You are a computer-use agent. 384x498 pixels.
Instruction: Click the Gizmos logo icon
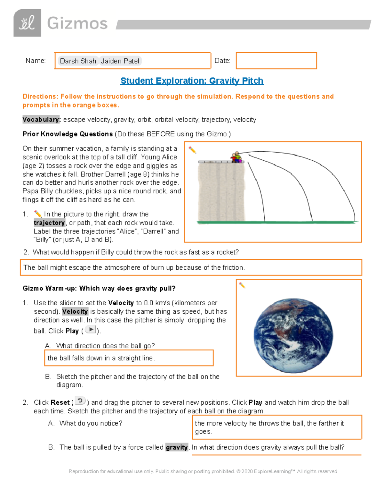coord(27,23)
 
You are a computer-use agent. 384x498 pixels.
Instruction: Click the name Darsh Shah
coord(78,61)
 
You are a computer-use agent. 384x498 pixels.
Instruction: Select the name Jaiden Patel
coord(120,61)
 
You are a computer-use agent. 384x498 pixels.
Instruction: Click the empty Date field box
coord(276,61)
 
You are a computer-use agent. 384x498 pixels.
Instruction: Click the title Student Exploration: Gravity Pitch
coord(192,80)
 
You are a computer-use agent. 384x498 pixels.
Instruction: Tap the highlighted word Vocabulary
coord(41,120)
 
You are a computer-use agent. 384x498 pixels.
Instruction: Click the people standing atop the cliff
coord(236,157)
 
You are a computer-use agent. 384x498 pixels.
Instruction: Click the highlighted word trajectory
coord(49,223)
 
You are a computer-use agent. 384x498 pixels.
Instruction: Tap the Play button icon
coord(91,330)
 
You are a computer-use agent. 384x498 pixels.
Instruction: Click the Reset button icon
coord(80,401)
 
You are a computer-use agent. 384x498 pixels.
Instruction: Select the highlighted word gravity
coord(177,447)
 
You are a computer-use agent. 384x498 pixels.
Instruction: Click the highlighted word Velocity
coord(75,311)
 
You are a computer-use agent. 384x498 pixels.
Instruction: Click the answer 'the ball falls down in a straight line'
coord(101,358)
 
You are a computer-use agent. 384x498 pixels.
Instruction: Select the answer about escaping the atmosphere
coord(134,267)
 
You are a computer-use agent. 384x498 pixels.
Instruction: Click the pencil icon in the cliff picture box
coord(192,150)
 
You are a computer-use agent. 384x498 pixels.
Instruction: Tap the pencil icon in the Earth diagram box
coord(242,285)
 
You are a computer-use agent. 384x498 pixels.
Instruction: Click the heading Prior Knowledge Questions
coord(68,134)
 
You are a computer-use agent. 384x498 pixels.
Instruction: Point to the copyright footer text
coord(203,471)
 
